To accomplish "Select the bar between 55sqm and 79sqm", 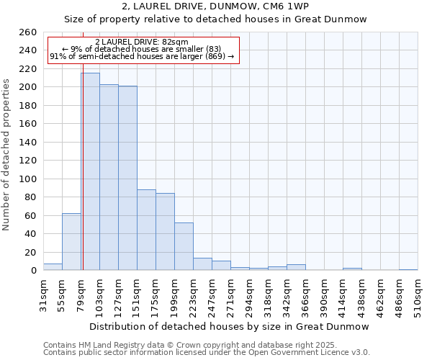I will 71,242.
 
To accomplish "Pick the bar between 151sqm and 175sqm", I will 146,230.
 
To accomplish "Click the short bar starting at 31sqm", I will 53,267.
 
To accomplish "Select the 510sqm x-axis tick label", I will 418,295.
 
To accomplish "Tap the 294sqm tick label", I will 249,295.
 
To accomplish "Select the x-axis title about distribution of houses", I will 230,326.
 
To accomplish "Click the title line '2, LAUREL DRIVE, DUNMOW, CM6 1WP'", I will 215,6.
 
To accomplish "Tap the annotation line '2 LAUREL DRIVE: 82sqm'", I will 142,42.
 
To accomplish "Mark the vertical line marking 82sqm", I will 83,180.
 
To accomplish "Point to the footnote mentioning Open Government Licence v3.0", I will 207,352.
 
